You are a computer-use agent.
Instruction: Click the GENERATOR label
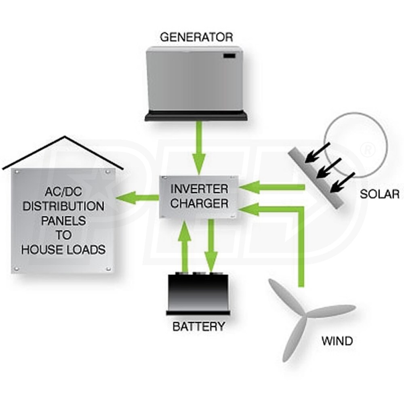point(196,38)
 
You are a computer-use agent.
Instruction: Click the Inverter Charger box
point(199,197)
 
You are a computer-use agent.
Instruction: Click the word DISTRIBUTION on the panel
point(63,206)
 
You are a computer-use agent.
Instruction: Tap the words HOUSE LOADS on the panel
point(63,250)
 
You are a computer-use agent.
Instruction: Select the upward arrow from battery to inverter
point(185,246)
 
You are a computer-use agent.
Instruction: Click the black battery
point(199,293)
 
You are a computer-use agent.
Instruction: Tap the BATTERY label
point(198,326)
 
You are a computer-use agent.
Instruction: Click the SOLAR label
point(379,194)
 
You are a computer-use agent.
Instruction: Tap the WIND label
point(337,341)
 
